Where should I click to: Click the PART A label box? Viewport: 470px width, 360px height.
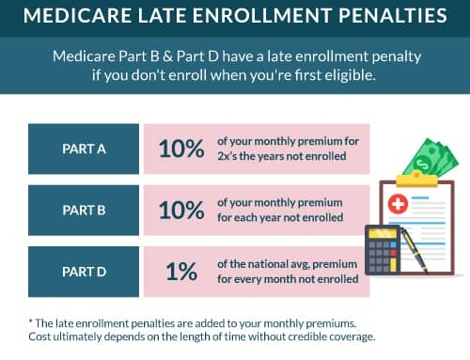pos(84,149)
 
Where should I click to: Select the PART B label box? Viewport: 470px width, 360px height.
pos(84,210)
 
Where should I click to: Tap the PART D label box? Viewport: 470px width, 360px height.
pos(84,271)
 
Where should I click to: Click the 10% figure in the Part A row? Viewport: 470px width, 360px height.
pos(180,149)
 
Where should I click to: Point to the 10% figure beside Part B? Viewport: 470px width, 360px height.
pos(180,210)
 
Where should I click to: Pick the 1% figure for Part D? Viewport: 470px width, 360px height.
pos(181,272)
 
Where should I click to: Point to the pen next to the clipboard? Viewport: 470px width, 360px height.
pos(415,248)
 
